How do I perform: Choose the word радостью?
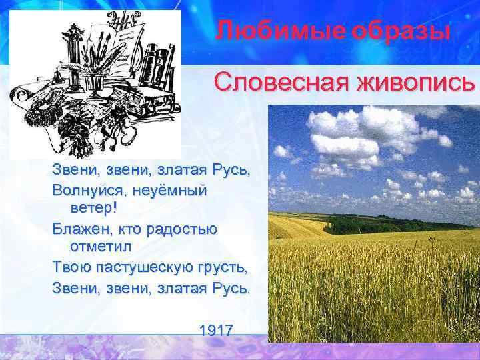180,229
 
